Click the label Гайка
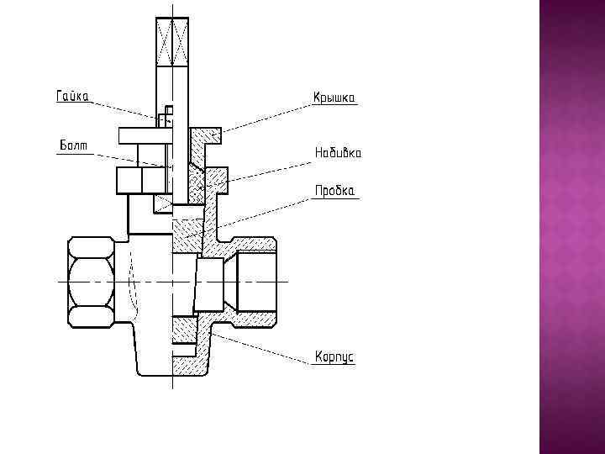[73, 96]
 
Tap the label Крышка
[335, 98]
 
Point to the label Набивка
[338, 153]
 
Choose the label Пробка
[335, 191]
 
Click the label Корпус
[334, 357]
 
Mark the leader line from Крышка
[260, 119]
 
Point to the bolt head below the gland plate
[140, 180]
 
